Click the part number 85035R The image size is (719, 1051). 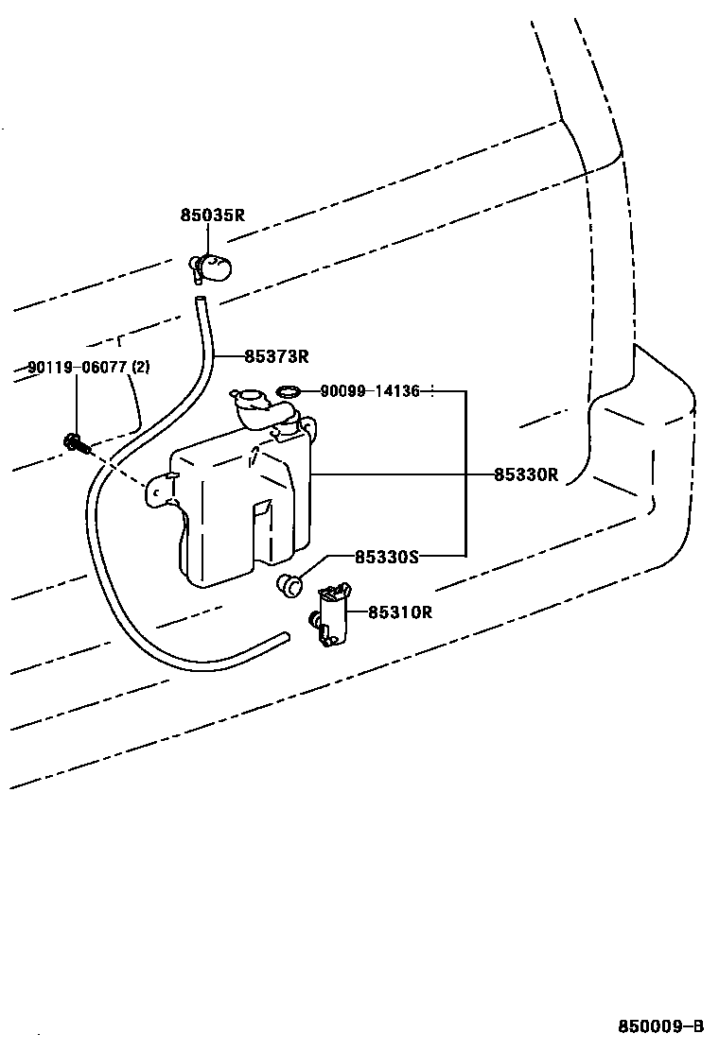(x=212, y=215)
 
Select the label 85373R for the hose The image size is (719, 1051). (x=276, y=356)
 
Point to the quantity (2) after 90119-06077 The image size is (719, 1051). (x=140, y=368)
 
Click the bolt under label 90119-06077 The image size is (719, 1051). (x=76, y=440)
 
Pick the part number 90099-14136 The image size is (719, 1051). (x=369, y=390)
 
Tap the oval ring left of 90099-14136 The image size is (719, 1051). (x=289, y=390)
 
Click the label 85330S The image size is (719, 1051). (x=386, y=557)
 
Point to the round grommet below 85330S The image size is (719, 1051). (x=288, y=584)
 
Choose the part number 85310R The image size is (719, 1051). (x=399, y=612)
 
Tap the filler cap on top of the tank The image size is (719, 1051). (x=249, y=401)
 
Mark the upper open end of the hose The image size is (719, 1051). (x=200, y=302)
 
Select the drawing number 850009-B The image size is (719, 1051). (x=661, y=1026)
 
